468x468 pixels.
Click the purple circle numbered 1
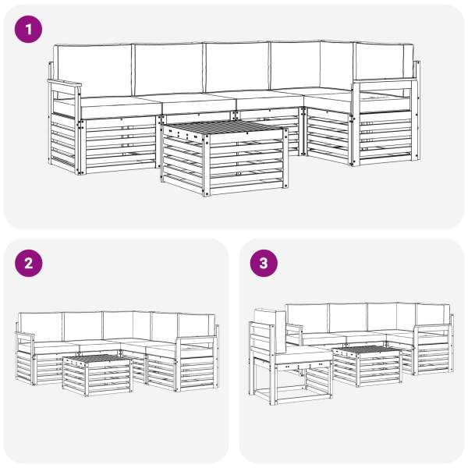pyautogui.click(x=28, y=30)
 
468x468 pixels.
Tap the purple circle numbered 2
pyautogui.click(x=28, y=264)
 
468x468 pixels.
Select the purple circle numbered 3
pyautogui.click(x=264, y=264)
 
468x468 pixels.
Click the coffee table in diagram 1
pyautogui.click(x=225, y=158)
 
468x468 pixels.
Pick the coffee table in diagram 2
pyautogui.click(x=97, y=375)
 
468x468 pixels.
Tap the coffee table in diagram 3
pyautogui.click(x=367, y=367)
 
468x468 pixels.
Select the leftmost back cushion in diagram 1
pyautogui.click(x=94, y=71)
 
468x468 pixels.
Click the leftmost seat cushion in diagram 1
pyautogui.click(x=121, y=107)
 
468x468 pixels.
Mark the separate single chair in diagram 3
pyautogui.click(x=290, y=356)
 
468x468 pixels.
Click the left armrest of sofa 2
pyautogui.click(x=25, y=335)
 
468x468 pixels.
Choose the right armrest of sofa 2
pyautogui.click(x=197, y=339)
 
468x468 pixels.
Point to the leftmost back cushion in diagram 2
pyautogui.click(x=41, y=327)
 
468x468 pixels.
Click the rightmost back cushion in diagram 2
pyautogui.click(x=197, y=325)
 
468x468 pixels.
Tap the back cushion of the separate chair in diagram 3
pyautogui.click(x=270, y=330)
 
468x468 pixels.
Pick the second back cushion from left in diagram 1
pyautogui.click(x=168, y=69)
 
